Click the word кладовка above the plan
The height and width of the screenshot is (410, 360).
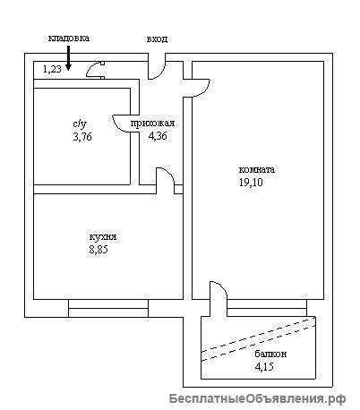tap(69, 38)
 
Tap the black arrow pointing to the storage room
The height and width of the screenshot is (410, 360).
tap(68, 58)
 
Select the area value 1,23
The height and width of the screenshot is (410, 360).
tap(52, 69)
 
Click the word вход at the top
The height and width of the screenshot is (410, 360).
tap(157, 39)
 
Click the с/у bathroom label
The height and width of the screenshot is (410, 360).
tap(81, 124)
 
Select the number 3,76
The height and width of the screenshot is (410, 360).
tap(82, 137)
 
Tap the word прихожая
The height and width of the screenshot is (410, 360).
tap(152, 123)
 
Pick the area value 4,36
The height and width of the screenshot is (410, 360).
tap(158, 136)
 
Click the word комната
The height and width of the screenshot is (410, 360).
tap(257, 169)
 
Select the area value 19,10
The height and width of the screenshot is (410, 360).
tap(251, 182)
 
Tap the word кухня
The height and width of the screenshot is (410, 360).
tap(103, 237)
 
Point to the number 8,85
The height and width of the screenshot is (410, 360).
tap(99, 250)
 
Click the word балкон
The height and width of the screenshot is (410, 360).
tap(270, 354)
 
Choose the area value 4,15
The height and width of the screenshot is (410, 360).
tap(264, 366)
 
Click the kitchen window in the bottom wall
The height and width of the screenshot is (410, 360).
tap(108, 308)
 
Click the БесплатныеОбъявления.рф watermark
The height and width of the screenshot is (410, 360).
tap(257, 398)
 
